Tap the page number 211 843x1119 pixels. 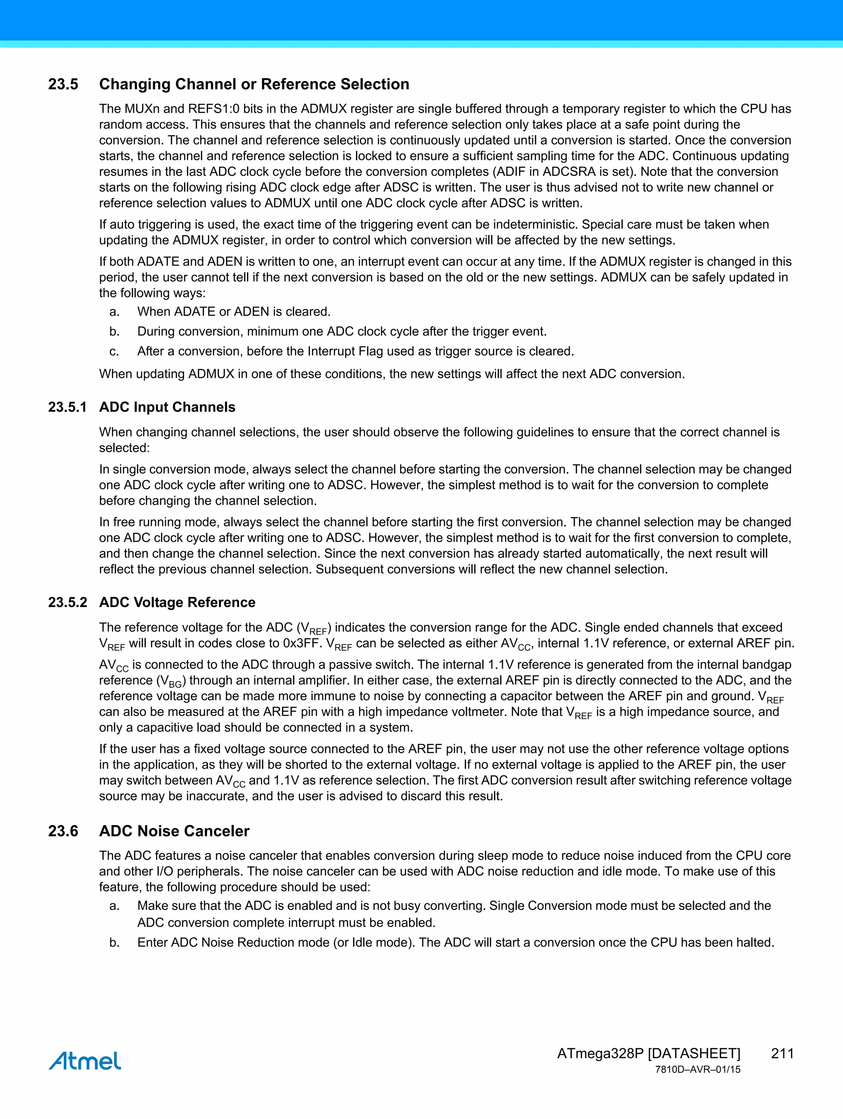click(782, 1053)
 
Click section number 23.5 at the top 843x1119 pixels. click(63, 84)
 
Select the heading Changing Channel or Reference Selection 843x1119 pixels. click(254, 84)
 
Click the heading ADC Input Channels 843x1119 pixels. click(167, 407)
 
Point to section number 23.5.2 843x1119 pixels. click(67, 603)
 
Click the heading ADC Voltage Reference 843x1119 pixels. click(177, 603)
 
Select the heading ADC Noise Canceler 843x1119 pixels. click(174, 831)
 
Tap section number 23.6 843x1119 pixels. click(63, 831)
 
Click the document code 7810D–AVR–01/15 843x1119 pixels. click(697, 1070)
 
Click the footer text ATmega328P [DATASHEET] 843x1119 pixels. click(648, 1053)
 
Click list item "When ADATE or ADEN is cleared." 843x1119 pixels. click(234, 312)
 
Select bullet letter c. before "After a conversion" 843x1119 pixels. click(114, 351)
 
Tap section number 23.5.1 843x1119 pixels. click(67, 407)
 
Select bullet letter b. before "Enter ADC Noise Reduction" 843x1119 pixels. click(114, 942)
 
